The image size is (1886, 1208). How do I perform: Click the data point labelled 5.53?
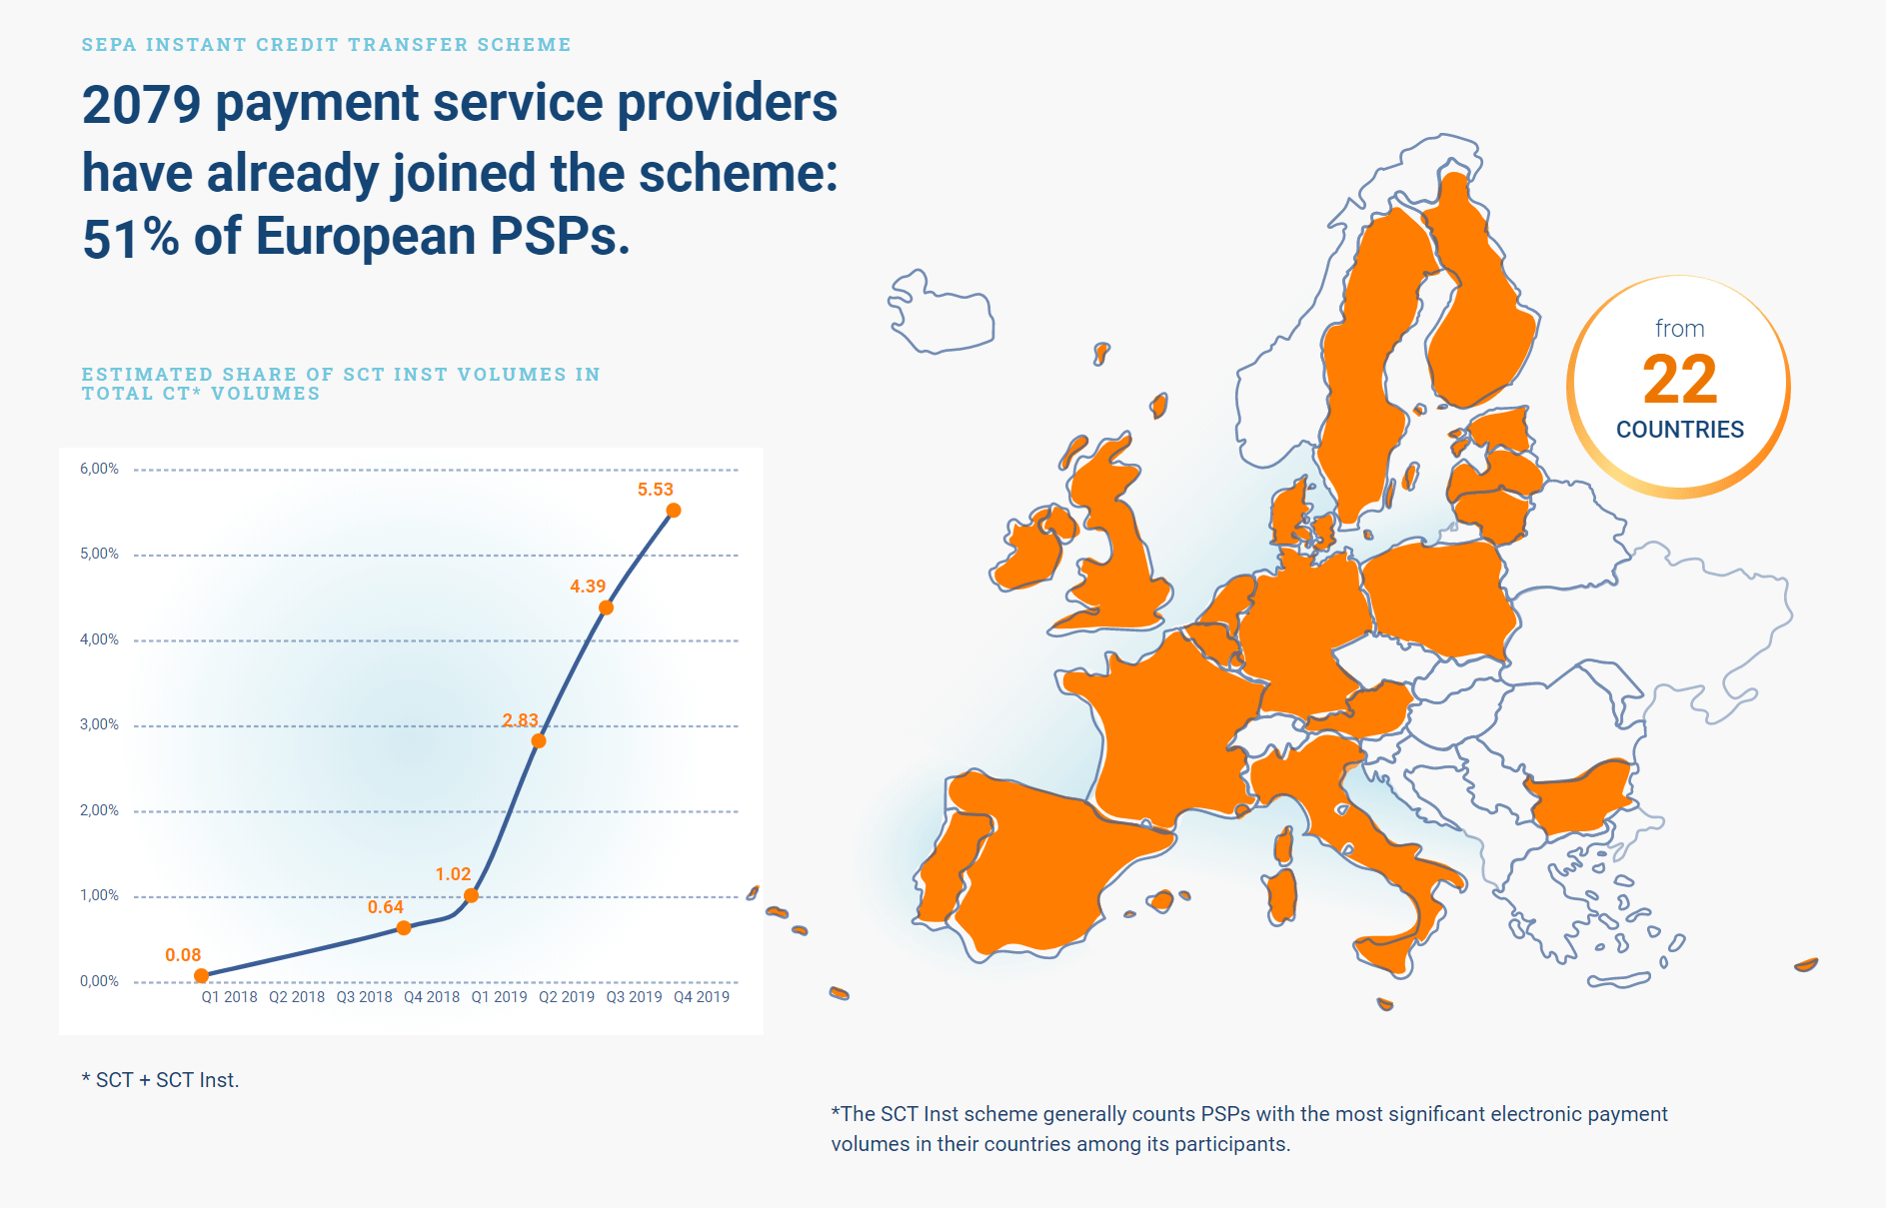[674, 511]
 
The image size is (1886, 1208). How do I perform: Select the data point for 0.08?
[201, 975]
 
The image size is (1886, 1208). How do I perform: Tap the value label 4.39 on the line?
[588, 587]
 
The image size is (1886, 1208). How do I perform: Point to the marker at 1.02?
[471, 895]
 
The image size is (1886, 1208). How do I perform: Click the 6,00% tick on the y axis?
[99, 469]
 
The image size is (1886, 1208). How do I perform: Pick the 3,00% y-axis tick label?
[99, 724]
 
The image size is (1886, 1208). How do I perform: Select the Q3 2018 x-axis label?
[364, 997]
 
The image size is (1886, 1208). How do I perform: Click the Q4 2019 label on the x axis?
[702, 997]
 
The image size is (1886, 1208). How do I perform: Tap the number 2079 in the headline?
[141, 105]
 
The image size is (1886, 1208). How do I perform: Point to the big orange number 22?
[1679, 380]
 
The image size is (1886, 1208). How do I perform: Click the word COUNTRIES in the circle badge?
[1679, 430]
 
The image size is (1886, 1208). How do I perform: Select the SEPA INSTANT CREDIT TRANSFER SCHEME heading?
[326, 45]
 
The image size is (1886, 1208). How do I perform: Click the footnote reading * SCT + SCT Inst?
[160, 1080]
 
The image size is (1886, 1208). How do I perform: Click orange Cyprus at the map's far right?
[1805, 965]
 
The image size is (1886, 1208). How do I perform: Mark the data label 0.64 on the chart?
[385, 907]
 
